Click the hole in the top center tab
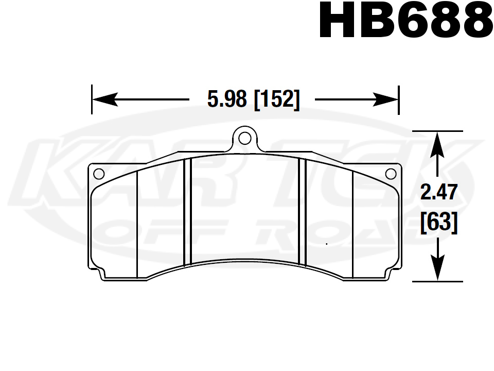coord(245,138)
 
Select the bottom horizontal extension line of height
coord(437,282)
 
